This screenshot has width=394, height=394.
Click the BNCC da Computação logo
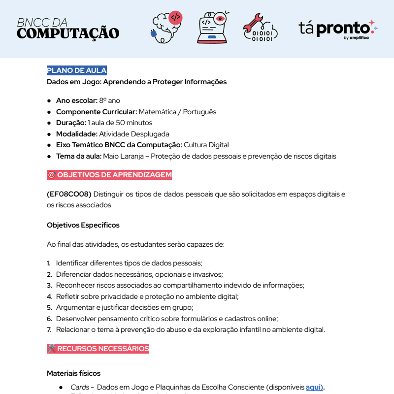pyautogui.click(x=68, y=29)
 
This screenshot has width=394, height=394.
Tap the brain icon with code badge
pyautogui.click(x=166, y=28)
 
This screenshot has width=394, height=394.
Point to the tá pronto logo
pyautogui.click(x=337, y=29)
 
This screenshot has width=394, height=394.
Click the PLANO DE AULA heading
pyautogui.click(x=76, y=70)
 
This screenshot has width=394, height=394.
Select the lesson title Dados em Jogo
pyautogui.click(x=136, y=82)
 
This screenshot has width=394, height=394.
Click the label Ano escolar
pyautogui.click(x=76, y=100)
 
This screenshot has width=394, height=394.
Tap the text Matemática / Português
pyautogui.click(x=177, y=112)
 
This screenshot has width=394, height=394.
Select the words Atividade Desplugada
pyautogui.click(x=134, y=134)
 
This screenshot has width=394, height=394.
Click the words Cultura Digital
pyautogui.click(x=206, y=145)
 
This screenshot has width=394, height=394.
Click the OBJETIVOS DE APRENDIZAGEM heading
pyautogui.click(x=109, y=175)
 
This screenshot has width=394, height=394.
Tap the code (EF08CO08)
pyautogui.click(x=69, y=194)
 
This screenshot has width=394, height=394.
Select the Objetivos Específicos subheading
pyautogui.click(x=83, y=225)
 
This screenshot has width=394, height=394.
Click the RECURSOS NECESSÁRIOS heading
pyautogui.click(x=98, y=349)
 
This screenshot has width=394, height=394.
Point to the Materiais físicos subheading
pyautogui.click(x=73, y=373)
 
